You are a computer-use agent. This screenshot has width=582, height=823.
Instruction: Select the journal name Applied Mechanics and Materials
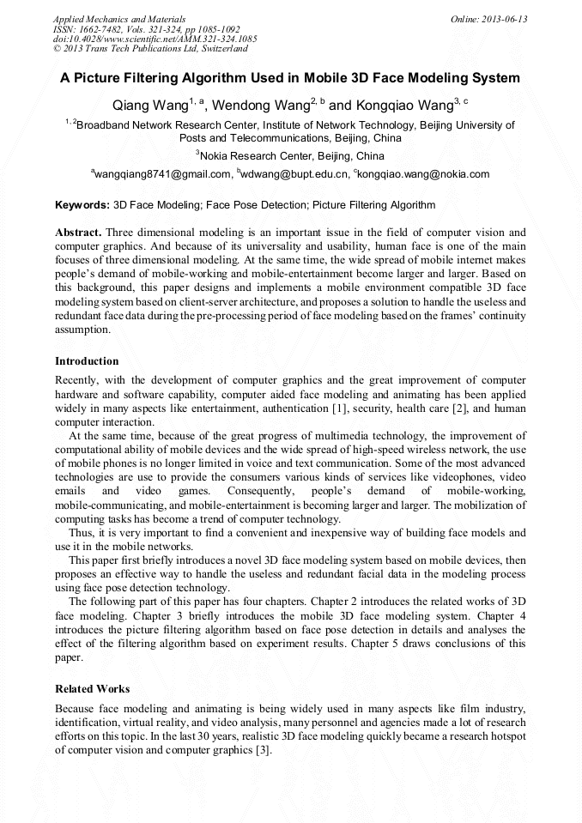[x=118, y=18]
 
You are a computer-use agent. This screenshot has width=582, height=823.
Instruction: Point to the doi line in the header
[x=155, y=39]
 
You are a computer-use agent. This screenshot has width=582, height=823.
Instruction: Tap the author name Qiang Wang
[x=149, y=106]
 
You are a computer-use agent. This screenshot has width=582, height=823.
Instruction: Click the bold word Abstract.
[x=79, y=233]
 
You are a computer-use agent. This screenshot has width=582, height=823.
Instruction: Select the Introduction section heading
[x=87, y=360]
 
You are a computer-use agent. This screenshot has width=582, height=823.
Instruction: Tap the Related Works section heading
[x=92, y=688]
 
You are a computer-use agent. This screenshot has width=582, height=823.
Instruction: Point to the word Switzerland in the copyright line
[x=220, y=49]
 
